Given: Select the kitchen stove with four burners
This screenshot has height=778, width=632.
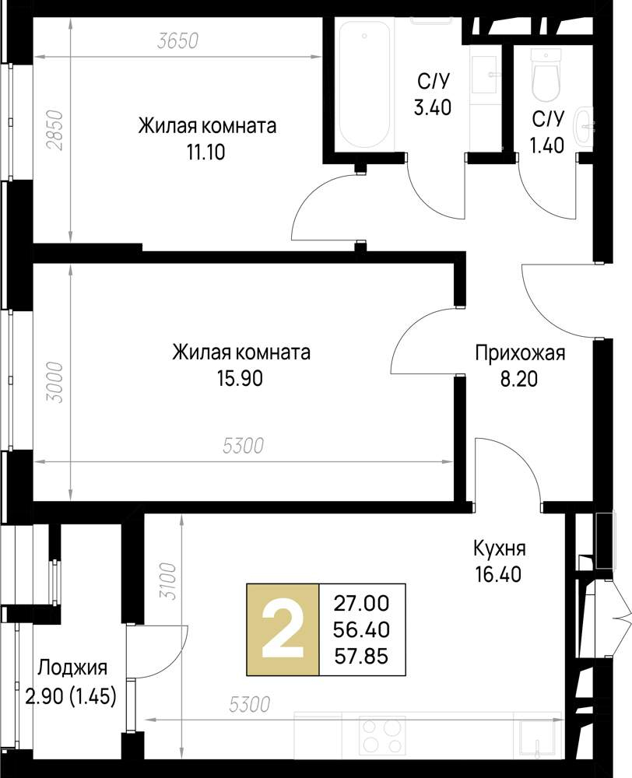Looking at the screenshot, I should [x=382, y=734].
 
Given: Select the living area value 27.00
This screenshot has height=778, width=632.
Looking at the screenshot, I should [x=361, y=602].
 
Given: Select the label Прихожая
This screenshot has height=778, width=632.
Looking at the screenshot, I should [x=520, y=354].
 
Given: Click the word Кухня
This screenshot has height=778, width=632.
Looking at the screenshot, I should [x=499, y=548].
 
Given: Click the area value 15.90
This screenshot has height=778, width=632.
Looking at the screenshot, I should [x=241, y=378].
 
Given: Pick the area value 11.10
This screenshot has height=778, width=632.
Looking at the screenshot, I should [x=205, y=152].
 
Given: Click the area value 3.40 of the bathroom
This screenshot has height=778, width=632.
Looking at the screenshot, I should [x=432, y=107].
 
